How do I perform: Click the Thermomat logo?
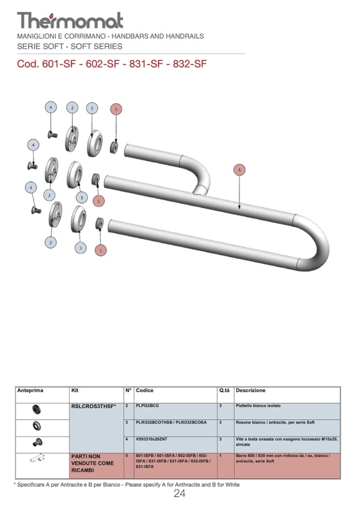(70, 21)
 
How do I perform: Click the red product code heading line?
(112, 64)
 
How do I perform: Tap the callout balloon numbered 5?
(239, 170)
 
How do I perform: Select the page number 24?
(179, 494)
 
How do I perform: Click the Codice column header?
(144, 391)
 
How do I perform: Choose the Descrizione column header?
(251, 391)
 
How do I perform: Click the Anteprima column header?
(30, 391)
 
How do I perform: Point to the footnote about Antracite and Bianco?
(126, 485)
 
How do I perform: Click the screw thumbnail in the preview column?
(37, 443)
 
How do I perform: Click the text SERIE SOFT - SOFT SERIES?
(70, 46)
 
